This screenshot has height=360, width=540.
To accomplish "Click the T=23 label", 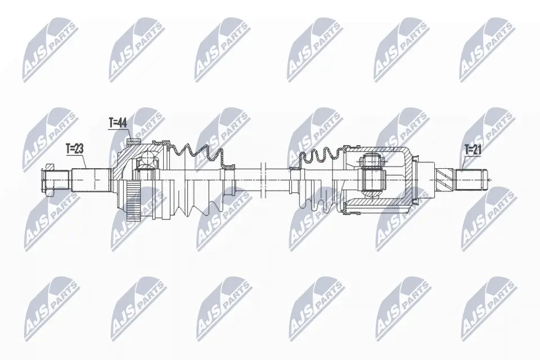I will [x=74, y=148].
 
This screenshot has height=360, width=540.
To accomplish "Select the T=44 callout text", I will [x=118, y=123].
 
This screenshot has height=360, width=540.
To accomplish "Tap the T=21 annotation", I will [x=474, y=149].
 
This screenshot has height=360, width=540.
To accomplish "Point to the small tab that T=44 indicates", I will [x=133, y=142].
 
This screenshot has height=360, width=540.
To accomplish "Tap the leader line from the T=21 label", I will [x=461, y=163].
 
